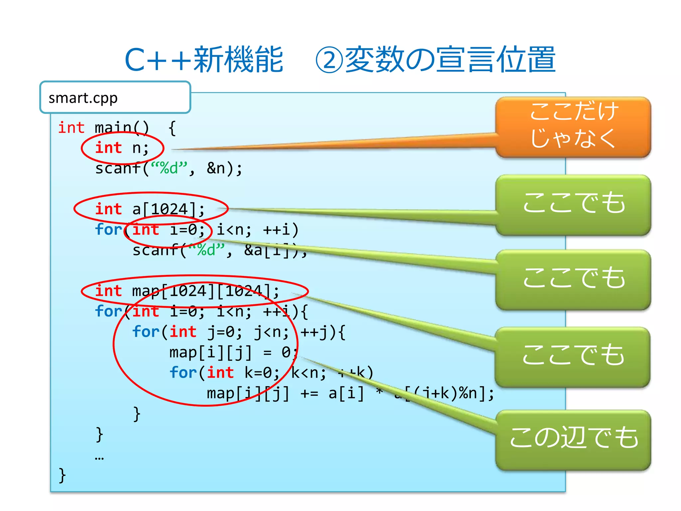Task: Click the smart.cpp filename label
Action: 83,98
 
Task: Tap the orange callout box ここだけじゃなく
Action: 573,126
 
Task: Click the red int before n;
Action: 108,148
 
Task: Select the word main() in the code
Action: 122,128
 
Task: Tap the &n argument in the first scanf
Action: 216,168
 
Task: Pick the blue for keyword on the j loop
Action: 146,332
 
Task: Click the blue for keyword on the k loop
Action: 183,373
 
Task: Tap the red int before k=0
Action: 220,373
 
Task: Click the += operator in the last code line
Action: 309,394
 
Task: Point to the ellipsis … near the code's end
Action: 99,458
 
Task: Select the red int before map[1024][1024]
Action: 108,291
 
